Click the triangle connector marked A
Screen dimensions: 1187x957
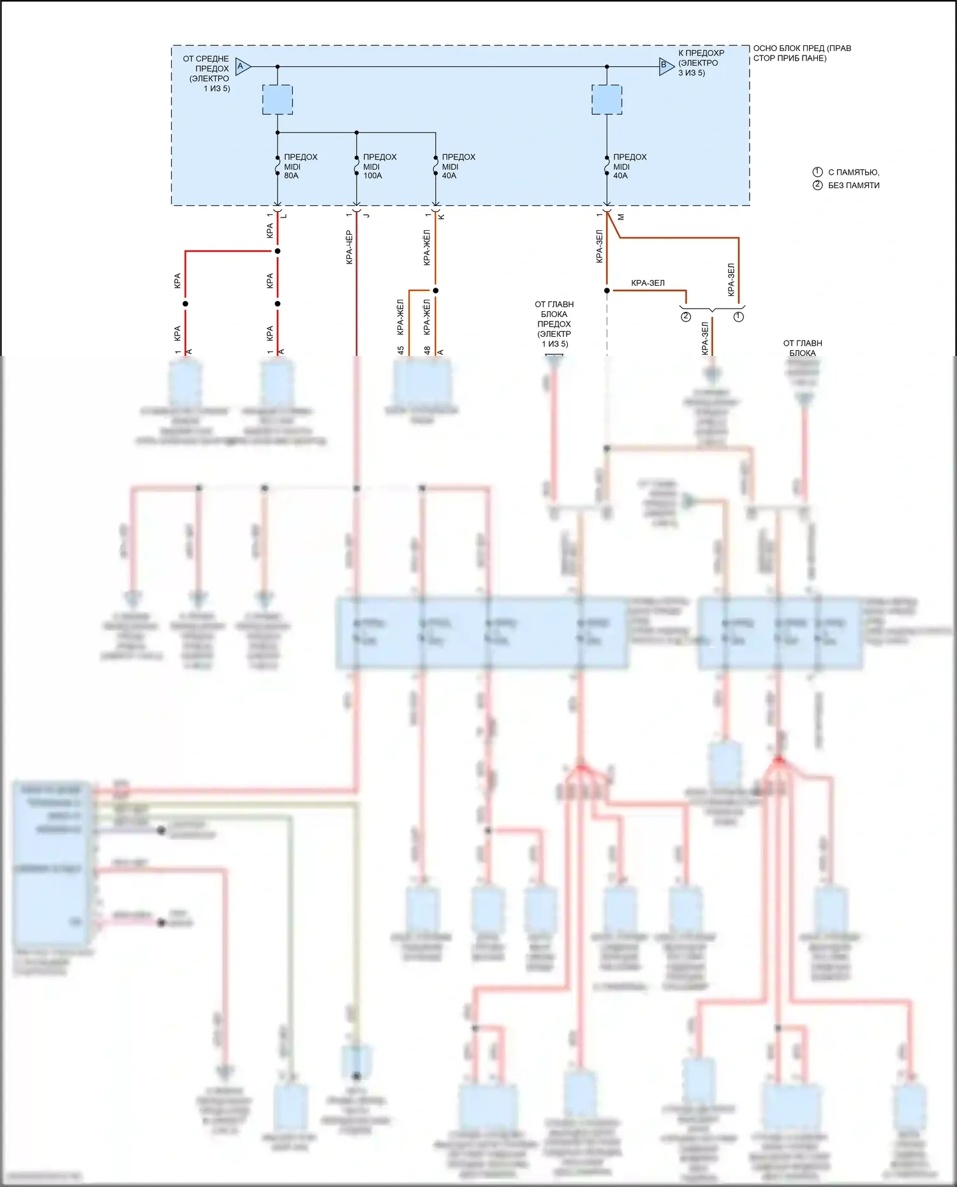pos(242,66)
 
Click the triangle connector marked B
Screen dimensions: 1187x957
pos(665,66)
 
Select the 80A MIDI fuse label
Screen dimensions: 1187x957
pos(300,166)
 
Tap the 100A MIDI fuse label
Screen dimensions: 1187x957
pos(379,166)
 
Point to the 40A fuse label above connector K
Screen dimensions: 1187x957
pos(458,166)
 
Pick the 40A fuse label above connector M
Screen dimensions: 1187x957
pos(629,166)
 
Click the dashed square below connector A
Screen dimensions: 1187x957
pos(278,100)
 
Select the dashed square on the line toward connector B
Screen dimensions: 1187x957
pos(607,100)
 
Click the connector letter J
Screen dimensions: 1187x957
pos(366,216)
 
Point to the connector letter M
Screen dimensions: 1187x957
pos(621,217)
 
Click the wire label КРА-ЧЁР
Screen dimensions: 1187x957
pos(349,247)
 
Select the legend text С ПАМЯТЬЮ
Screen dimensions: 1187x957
pos(853,172)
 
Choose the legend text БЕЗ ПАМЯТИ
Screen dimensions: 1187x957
pos(853,186)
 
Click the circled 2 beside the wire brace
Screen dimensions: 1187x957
pos(686,316)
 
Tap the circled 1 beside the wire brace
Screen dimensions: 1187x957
pos(739,316)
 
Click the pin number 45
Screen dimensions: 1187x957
pos(401,350)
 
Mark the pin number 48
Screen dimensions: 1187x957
pos(427,350)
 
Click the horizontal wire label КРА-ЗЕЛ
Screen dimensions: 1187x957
pos(648,283)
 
